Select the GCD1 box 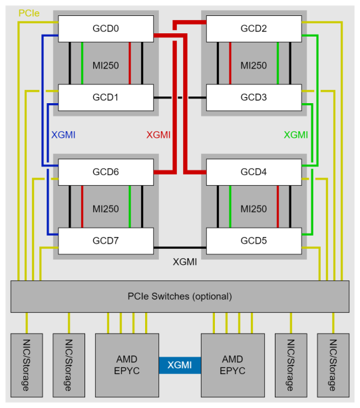(106, 97)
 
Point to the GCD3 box (254, 97)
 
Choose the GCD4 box (254, 172)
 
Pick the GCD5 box (254, 240)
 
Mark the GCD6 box (106, 172)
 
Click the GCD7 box (106, 240)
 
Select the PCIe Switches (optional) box (180, 296)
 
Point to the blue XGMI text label (63, 134)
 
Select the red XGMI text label (158, 134)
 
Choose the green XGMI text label (295, 134)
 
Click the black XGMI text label (185, 262)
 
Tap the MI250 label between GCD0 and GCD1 (106, 65)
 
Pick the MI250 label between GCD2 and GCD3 (254, 65)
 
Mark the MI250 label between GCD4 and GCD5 (254, 209)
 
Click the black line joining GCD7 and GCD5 (180, 248)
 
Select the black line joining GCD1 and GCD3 (180, 97)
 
